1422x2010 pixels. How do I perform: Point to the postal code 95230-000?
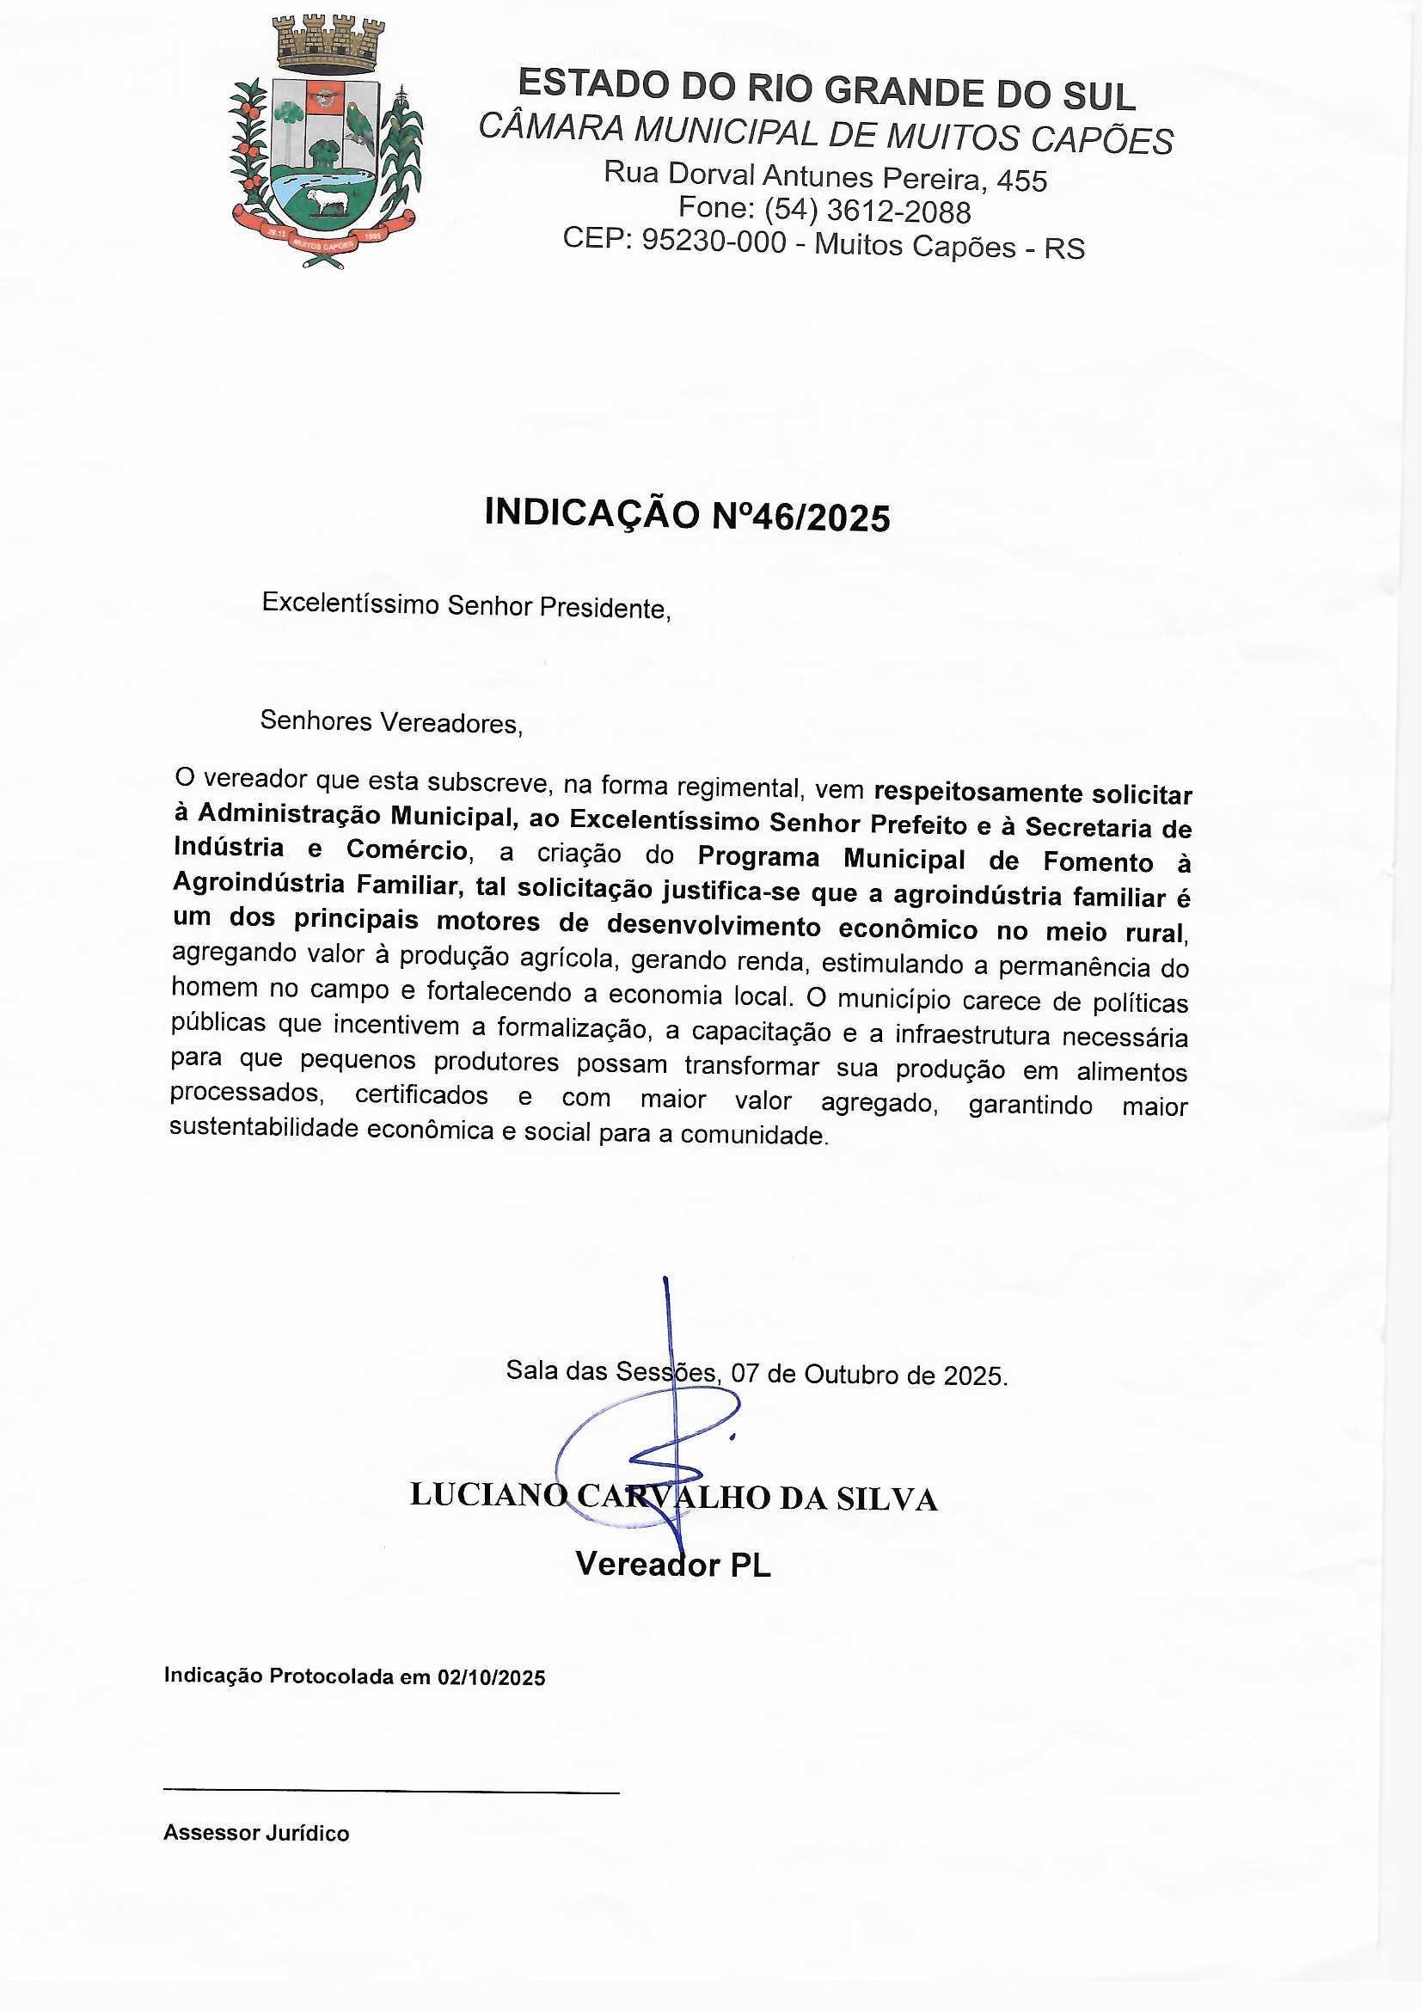pyautogui.click(x=714, y=240)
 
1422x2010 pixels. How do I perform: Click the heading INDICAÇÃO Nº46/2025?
pyautogui.click(x=688, y=515)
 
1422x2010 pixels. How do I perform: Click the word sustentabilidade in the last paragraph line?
pyautogui.click(x=264, y=1129)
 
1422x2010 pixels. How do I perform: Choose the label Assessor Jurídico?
pyautogui.click(x=255, y=1833)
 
